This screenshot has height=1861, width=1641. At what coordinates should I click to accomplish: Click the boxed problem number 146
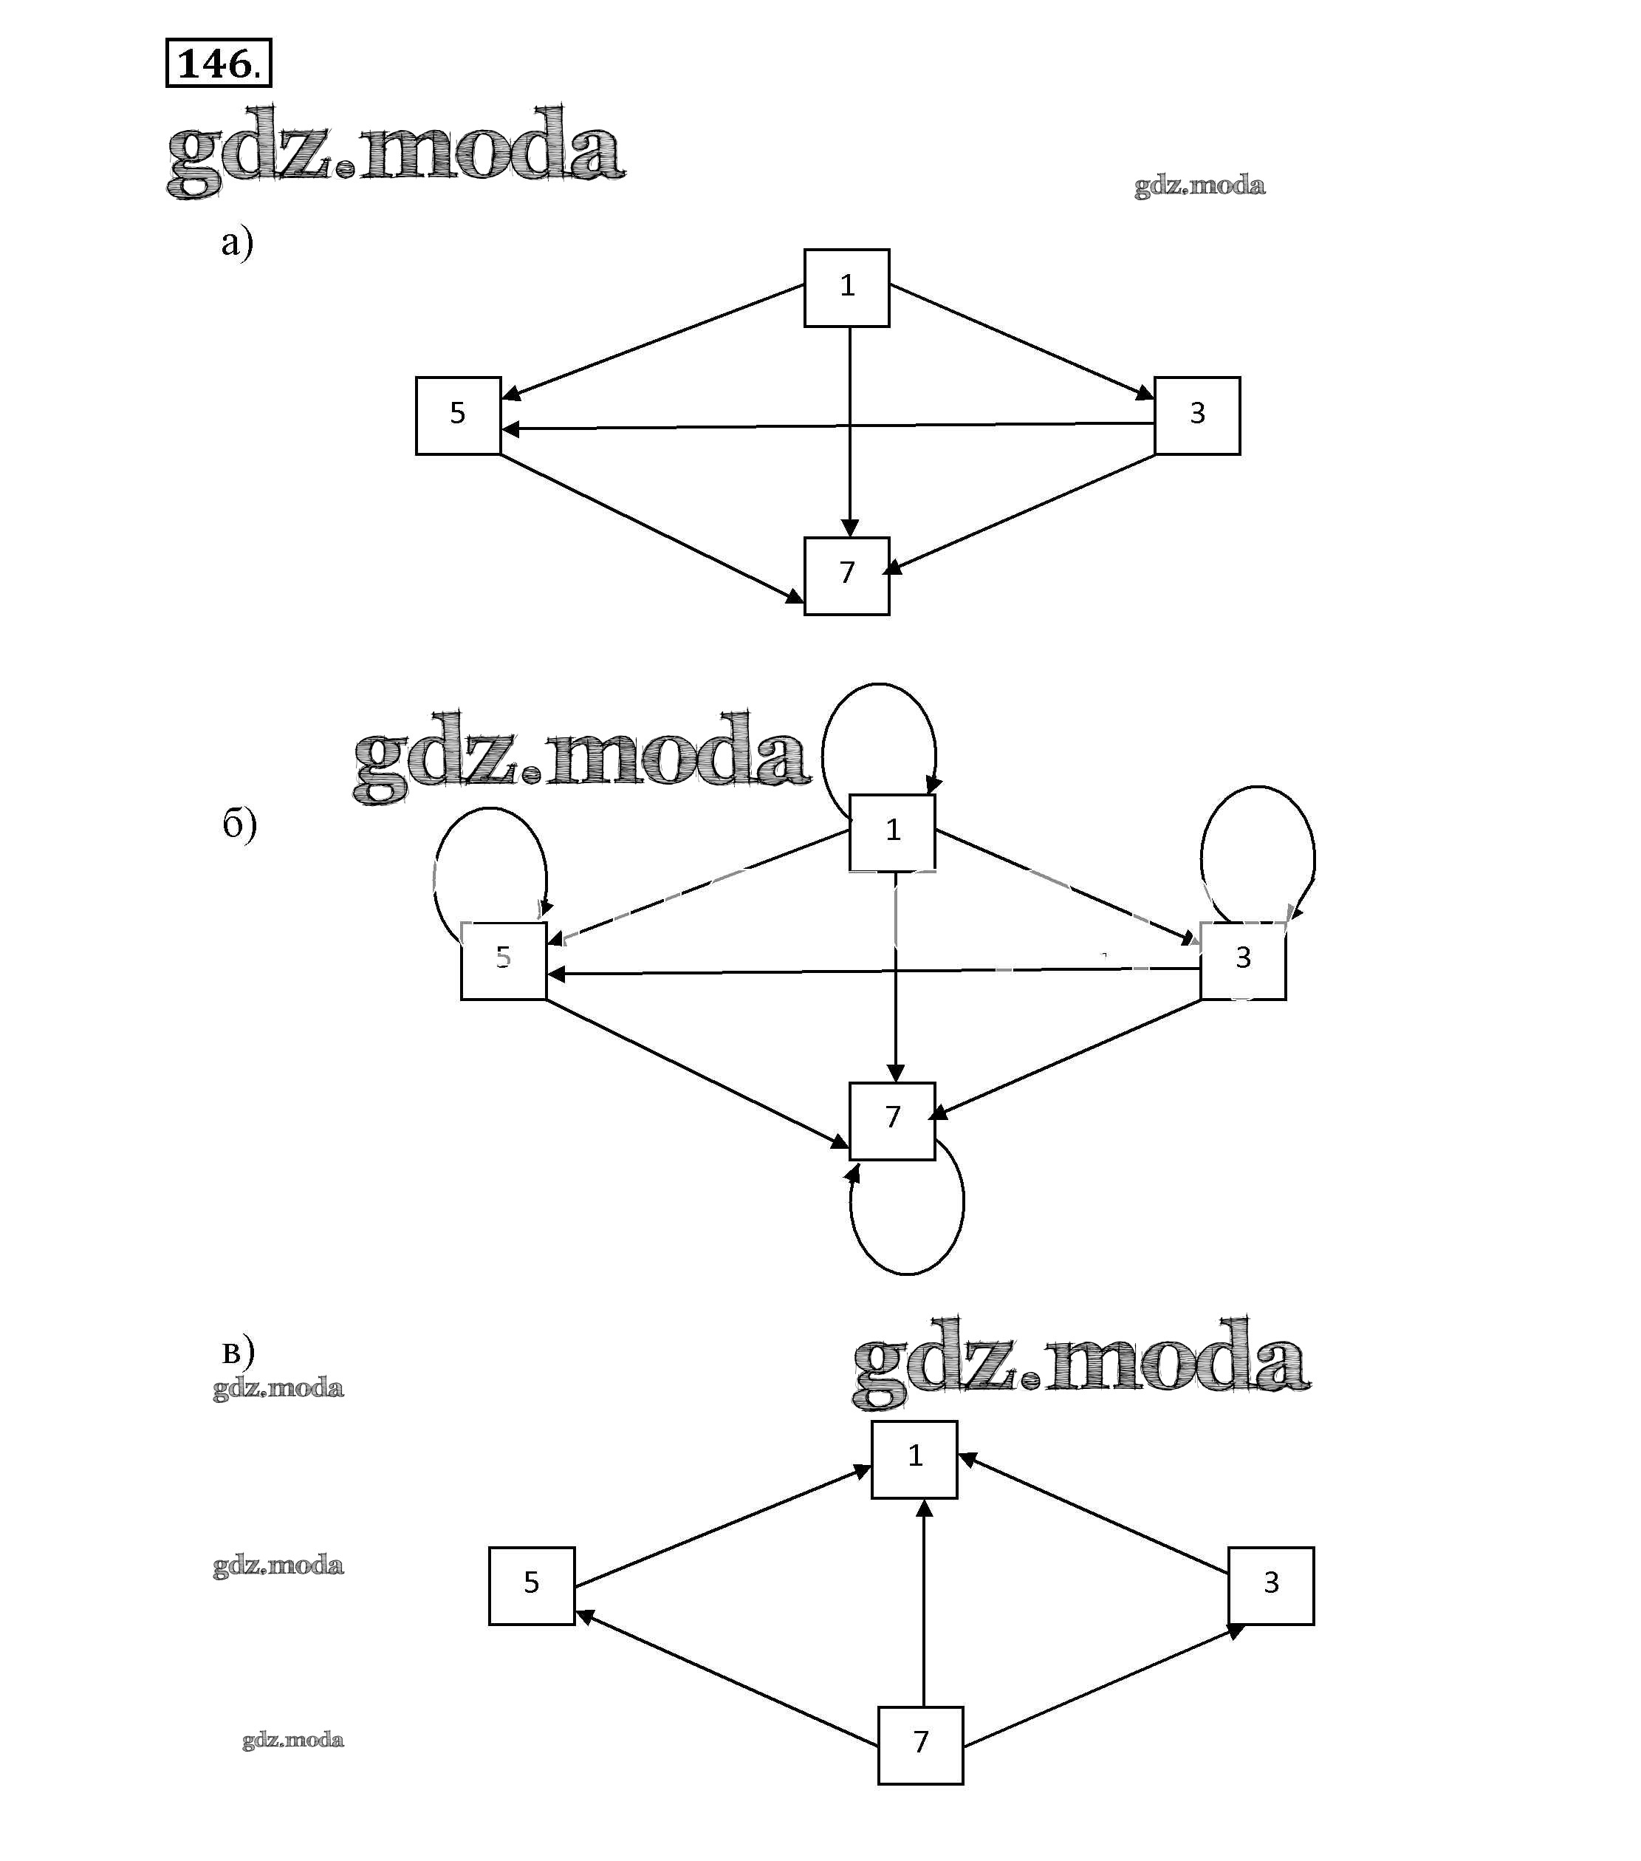[219, 63]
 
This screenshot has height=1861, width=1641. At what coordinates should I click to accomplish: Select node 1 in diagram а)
[846, 287]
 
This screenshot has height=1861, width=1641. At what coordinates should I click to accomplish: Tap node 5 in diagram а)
[458, 415]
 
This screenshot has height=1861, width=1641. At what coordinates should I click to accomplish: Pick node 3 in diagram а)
[1197, 415]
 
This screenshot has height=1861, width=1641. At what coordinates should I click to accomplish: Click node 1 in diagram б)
[892, 831]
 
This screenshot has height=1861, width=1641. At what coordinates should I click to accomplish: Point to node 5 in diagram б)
[504, 960]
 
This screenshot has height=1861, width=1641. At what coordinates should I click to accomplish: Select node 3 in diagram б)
[1242, 960]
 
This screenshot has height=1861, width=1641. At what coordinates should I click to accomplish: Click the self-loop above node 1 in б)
[878, 686]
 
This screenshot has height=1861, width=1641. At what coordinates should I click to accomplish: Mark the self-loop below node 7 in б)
[910, 1272]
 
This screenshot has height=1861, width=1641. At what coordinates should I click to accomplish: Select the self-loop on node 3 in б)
[1258, 788]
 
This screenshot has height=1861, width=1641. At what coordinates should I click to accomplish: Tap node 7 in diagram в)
[920, 1744]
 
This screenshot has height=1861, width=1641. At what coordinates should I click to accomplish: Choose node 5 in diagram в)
[532, 1585]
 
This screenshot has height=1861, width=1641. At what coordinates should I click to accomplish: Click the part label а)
[236, 243]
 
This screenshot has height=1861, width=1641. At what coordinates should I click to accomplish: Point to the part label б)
[239, 824]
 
